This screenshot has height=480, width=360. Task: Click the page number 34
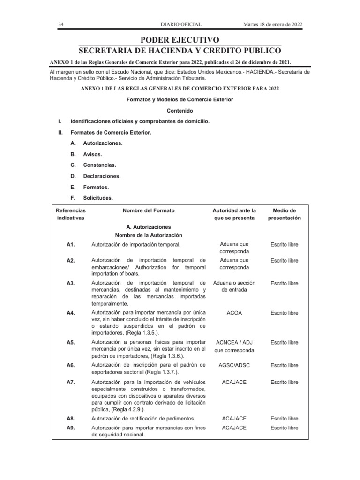coord(61,24)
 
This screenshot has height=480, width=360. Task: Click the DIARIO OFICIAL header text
coord(181,24)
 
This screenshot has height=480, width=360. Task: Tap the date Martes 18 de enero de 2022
coord(272,24)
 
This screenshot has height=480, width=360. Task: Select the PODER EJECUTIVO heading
coord(180,40)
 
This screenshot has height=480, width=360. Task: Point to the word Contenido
coord(180,111)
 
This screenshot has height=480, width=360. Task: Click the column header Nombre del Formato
coord(149,211)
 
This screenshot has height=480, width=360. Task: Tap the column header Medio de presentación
coord(284,214)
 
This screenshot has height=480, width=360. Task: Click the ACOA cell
coord(234,313)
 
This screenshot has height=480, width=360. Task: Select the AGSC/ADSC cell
coord(234,366)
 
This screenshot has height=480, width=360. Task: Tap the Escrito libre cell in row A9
coord(284,428)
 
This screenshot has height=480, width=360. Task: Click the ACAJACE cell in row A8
coord(234,419)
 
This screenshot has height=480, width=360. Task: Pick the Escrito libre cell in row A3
coord(284,283)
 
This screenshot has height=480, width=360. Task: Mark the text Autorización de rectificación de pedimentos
coord(143,419)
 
